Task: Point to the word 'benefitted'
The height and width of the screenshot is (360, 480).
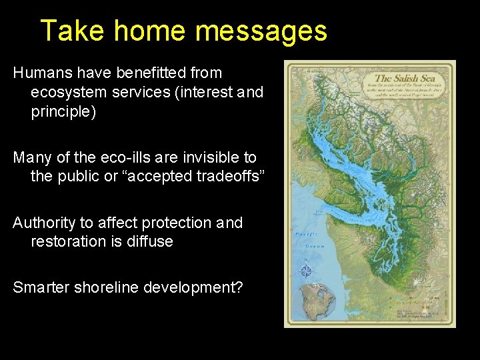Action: (151, 72)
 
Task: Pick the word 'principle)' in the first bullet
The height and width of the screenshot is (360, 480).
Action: (63, 112)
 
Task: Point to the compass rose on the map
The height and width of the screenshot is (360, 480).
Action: (306, 271)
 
